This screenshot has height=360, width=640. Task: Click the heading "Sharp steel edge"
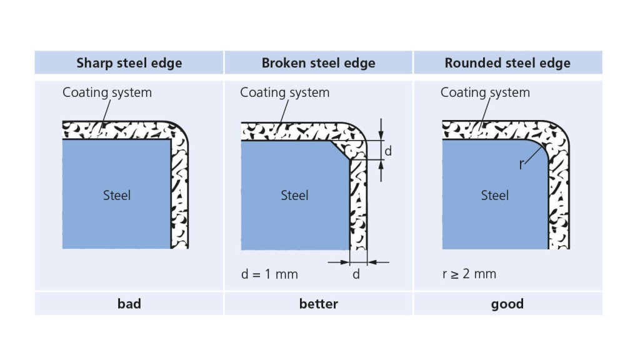pyautogui.click(x=129, y=63)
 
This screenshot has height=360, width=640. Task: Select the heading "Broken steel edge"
pyautogui.click(x=318, y=63)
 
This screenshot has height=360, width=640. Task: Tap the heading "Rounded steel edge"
pyautogui.click(x=507, y=63)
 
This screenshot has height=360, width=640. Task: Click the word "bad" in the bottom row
pyautogui.click(x=129, y=304)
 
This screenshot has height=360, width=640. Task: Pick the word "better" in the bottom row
pyautogui.click(x=318, y=304)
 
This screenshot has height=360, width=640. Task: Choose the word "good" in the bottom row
pyautogui.click(x=507, y=304)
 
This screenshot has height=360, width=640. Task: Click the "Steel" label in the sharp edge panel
pyautogui.click(x=117, y=196)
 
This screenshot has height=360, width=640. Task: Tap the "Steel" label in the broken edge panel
pyautogui.click(x=294, y=196)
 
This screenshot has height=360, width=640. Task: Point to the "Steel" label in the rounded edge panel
pyautogui.click(x=494, y=196)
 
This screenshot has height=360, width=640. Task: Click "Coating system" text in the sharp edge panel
pyautogui.click(x=107, y=93)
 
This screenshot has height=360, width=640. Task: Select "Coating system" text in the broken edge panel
pyautogui.click(x=284, y=93)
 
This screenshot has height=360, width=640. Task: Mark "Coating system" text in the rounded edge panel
pyautogui.click(x=485, y=93)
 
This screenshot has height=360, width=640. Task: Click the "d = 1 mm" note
pyautogui.click(x=269, y=274)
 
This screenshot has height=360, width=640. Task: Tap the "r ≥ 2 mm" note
pyautogui.click(x=469, y=274)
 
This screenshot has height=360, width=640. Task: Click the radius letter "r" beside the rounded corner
pyautogui.click(x=521, y=166)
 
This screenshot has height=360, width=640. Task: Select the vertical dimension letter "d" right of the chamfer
pyautogui.click(x=388, y=151)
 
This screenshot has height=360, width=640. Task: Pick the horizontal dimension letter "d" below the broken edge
pyautogui.click(x=356, y=274)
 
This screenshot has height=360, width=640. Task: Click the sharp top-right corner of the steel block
pyautogui.click(x=170, y=140)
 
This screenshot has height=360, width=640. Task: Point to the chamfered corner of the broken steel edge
pyautogui.click(x=340, y=150)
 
